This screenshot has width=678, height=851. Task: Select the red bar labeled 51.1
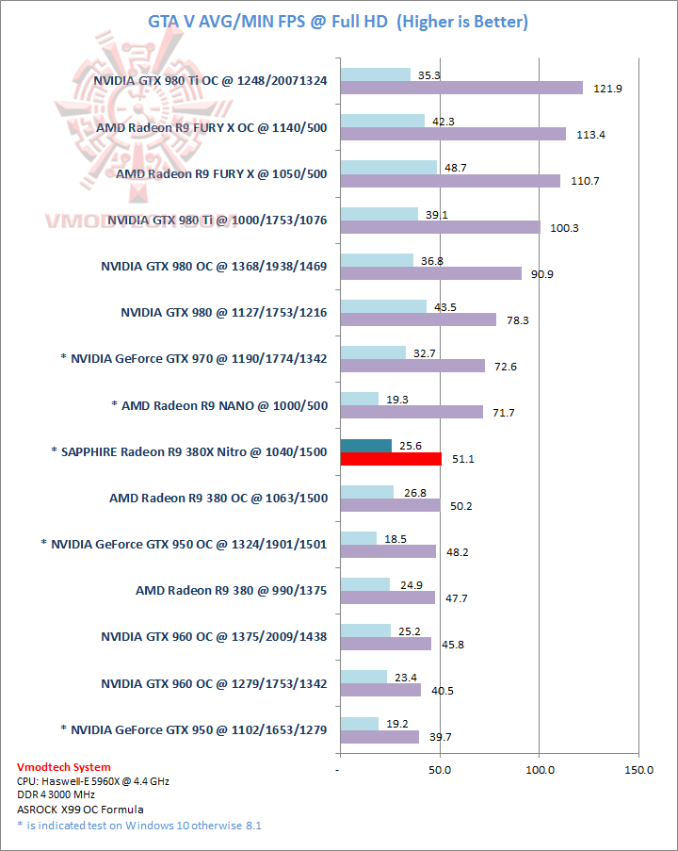pos(391,460)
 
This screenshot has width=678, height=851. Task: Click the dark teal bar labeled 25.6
pos(365,446)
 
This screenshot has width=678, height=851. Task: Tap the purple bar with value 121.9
pos(461,88)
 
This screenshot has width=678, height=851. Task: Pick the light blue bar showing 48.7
pos(388,167)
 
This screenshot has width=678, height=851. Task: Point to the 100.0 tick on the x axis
pos(539,770)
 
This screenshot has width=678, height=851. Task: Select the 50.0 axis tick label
pos(440,770)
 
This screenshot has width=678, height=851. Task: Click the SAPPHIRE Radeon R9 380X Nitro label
pos(188,452)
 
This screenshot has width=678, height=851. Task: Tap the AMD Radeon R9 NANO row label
pos(218,405)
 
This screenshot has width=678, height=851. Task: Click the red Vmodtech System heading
pos(64,767)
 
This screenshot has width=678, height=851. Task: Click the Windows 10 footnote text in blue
pos(139,826)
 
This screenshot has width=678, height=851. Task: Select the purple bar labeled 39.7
pos(379,737)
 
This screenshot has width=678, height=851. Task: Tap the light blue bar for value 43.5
pos(383,305)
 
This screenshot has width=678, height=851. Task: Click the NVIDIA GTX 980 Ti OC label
pos(210,81)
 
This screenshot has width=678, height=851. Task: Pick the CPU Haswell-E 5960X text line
pos(93,781)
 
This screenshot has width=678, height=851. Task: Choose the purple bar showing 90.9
pos(430,273)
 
